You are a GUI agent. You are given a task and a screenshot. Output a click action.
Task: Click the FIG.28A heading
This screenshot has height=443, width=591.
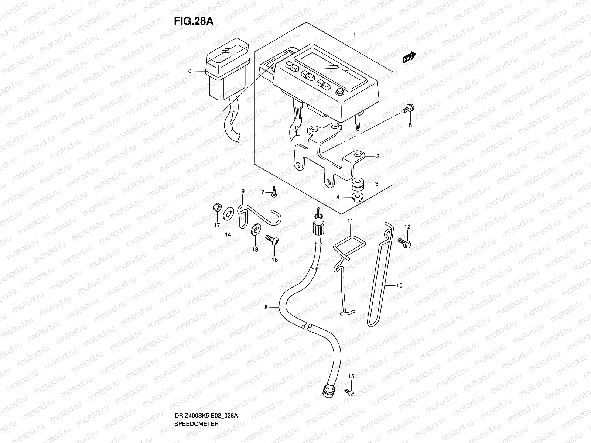tap(194, 21)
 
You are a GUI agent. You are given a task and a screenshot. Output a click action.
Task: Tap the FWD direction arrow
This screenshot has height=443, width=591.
tap(409, 58)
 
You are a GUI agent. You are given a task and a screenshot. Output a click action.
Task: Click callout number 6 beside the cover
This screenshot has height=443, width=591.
tap(189, 71)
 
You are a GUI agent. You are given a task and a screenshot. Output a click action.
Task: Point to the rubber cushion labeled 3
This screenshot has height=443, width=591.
tap(358, 183)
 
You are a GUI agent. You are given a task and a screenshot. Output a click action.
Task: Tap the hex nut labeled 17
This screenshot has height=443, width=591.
tap(217, 208)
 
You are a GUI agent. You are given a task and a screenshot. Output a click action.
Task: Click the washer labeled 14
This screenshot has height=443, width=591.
tap(228, 213)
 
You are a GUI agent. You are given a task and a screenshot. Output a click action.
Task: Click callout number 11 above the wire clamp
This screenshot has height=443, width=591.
tap(350, 221)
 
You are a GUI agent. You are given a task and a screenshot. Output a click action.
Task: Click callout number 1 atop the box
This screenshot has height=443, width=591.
tap(354, 35)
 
